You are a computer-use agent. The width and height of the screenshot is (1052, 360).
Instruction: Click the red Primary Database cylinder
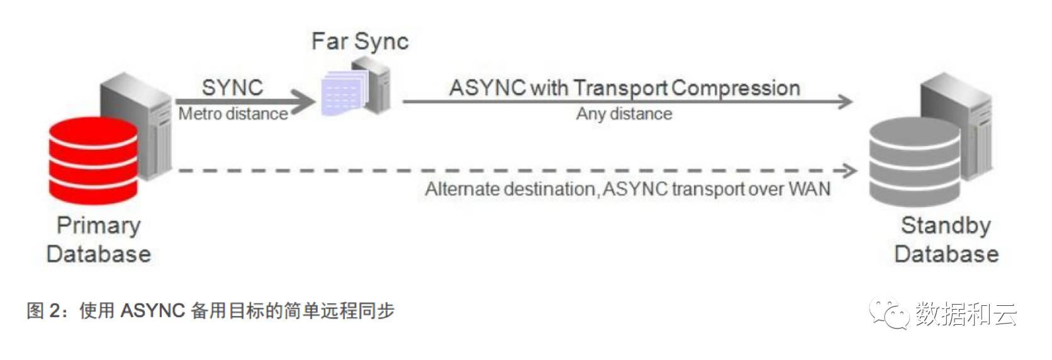(x=94, y=160)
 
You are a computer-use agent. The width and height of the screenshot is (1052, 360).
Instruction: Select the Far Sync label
(x=360, y=42)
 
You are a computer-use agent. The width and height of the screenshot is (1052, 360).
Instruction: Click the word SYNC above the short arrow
(x=232, y=87)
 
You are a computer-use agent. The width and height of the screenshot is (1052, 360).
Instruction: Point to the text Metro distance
(x=233, y=114)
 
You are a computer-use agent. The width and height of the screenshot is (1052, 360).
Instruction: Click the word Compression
(x=736, y=88)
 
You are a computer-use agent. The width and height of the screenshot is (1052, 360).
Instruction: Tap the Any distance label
(x=624, y=114)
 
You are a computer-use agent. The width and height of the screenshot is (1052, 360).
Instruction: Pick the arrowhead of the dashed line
(x=849, y=170)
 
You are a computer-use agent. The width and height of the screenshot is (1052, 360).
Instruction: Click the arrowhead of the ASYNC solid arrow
(x=845, y=101)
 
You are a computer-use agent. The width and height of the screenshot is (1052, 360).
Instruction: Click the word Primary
(x=99, y=225)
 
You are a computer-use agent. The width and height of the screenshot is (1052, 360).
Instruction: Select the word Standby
(x=946, y=225)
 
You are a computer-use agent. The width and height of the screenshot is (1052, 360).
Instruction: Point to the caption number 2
(x=55, y=311)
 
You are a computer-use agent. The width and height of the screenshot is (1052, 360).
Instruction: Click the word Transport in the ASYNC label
(x=620, y=88)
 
